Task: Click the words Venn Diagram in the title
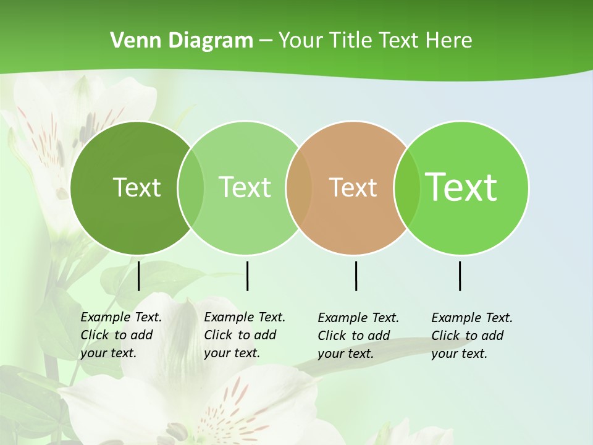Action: click(182, 41)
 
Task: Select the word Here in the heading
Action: click(448, 41)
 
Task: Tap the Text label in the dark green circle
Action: click(137, 187)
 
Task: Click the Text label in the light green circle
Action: click(245, 187)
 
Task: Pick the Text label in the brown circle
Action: click(353, 187)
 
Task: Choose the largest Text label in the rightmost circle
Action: click(461, 187)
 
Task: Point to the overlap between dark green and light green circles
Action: click(191, 187)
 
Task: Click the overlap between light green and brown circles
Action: click(299, 187)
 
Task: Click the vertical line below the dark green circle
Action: click(139, 276)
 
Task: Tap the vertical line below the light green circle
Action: click(247, 276)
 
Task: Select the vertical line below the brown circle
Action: click(356, 276)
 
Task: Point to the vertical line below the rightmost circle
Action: click(460, 276)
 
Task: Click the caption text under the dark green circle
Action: click(121, 335)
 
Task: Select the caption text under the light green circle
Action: click(245, 335)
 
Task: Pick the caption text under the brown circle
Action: click(358, 336)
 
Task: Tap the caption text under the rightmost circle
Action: click(472, 336)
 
